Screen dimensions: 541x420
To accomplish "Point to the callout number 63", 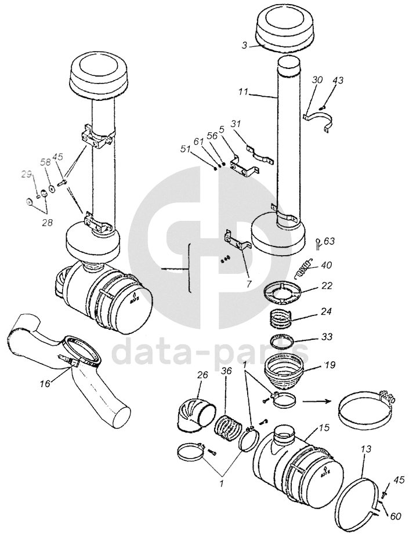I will (329, 241).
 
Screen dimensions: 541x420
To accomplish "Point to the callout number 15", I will (324, 429).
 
